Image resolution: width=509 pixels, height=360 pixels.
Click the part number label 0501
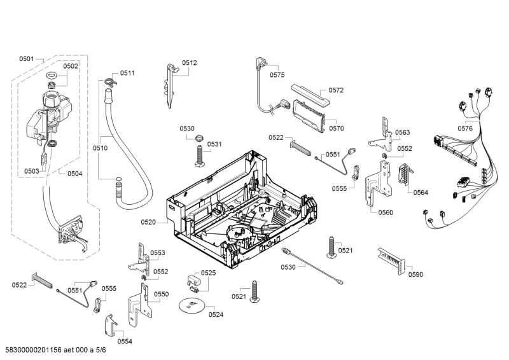[x=26, y=59]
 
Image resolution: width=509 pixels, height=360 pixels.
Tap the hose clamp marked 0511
[x=109, y=81]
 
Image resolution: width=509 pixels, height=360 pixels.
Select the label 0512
[x=190, y=62]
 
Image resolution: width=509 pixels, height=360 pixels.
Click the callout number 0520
[x=148, y=222]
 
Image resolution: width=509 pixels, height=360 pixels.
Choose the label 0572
[x=336, y=90]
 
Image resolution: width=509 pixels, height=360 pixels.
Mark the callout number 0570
[x=337, y=128]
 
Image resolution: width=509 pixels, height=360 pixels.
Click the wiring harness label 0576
[x=465, y=128]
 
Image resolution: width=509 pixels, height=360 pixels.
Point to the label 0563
[x=402, y=132]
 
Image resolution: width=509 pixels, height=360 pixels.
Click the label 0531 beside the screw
[x=214, y=144]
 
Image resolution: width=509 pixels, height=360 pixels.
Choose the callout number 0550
[x=162, y=294]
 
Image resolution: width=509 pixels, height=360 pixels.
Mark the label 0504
[x=74, y=173]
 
